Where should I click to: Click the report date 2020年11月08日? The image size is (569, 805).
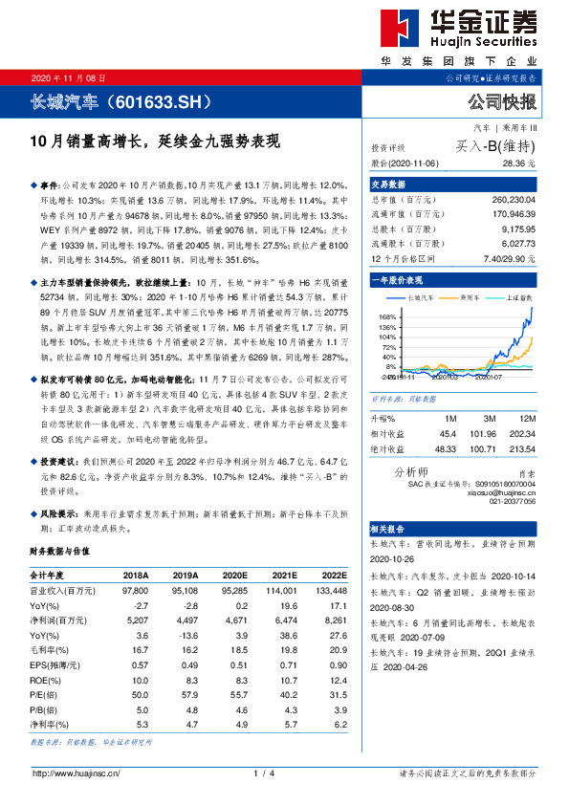tap(70, 77)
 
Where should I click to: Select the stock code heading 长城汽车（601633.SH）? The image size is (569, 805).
tap(133, 100)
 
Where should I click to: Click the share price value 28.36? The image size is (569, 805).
tap(522, 163)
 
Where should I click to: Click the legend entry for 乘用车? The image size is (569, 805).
tap(472, 297)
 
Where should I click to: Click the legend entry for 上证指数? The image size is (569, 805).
tap(517, 297)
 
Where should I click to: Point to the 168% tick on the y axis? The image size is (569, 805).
tap(385, 315)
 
